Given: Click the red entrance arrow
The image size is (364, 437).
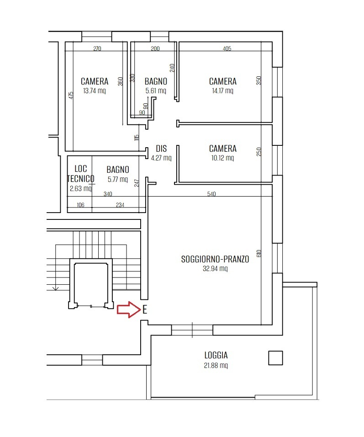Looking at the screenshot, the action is click(129, 309).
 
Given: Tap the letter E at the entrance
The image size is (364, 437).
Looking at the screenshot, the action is click(144, 309).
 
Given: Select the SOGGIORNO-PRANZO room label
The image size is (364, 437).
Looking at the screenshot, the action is click(215, 259).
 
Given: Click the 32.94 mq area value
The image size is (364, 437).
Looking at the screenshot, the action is click(215, 268).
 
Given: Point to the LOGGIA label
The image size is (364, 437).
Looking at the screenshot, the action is click(216, 355).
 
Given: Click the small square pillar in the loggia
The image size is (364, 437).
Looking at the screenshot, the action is click(275, 358).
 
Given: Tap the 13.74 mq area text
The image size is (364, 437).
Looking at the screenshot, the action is click(95, 91).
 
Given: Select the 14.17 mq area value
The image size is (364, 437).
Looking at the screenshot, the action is click(222, 91).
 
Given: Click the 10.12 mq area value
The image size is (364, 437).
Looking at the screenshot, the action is click(222, 158).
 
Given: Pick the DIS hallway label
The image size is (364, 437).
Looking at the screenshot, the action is click(161, 149).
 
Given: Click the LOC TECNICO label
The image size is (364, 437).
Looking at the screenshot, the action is click(80, 174).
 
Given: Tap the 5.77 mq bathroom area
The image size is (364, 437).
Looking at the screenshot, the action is click(117, 179).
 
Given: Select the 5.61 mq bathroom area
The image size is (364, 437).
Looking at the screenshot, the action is click(156, 91).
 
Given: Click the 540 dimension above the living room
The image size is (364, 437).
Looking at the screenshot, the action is click(211, 194).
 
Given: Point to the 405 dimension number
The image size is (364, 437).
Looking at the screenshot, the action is click(227, 48).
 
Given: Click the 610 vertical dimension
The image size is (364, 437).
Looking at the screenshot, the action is click(258, 253).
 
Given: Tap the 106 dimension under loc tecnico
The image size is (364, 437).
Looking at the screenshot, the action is click(80, 205).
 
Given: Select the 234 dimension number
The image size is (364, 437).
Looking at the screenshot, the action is click(120, 205).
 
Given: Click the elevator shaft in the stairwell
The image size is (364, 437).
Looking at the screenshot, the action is click(91, 284).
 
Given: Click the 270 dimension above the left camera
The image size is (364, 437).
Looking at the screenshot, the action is click(97, 48).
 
